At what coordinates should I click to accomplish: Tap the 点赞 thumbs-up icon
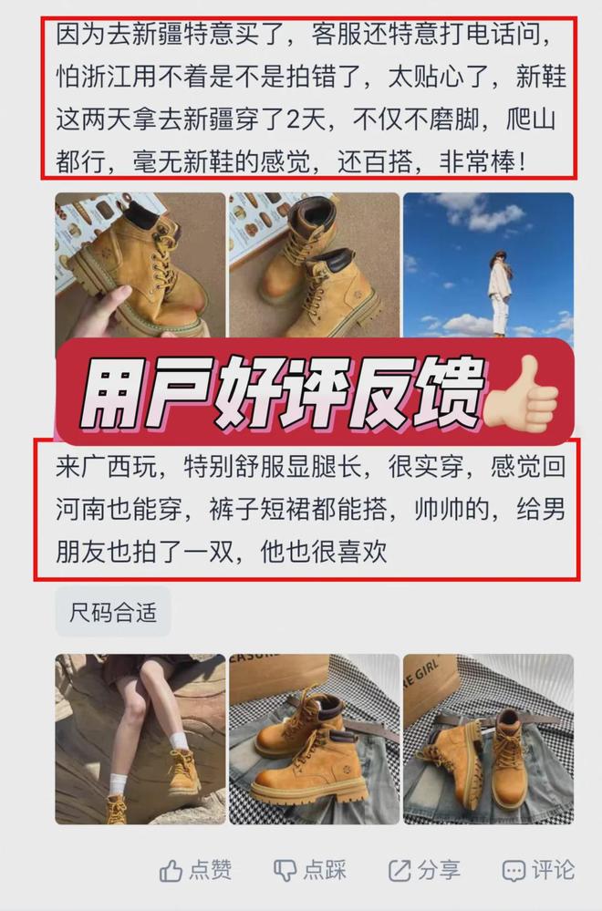click(171, 870)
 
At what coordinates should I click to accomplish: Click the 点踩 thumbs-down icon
click(285, 870)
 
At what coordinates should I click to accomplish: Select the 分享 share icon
click(400, 870)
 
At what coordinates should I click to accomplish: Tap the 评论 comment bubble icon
click(514, 871)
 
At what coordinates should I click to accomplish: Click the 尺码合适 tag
click(113, 611)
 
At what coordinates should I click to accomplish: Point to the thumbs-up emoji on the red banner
click(521, 393)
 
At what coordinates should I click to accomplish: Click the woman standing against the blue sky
click(500, 292)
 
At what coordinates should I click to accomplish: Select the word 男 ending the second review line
click(553, 510)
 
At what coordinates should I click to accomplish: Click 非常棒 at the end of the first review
click(476, 162)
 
